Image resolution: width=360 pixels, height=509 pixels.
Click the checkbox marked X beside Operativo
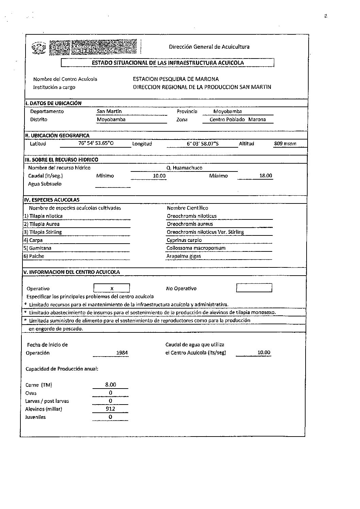click(x=112, y=288)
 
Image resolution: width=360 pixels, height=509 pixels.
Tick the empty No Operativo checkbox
click(x=254, y=288)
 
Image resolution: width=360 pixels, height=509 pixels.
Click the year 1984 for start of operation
click(x=122, y=353)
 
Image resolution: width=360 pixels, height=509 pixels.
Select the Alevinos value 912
click(x=110, y=409)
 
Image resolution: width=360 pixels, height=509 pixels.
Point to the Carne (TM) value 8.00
click(x=110, y=385)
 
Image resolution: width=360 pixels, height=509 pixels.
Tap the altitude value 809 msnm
click(x=285, y=144)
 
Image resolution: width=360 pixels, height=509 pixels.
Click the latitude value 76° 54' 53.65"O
click(x=96, y=143)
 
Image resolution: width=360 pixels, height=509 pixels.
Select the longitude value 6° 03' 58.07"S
click(x=202, y=144)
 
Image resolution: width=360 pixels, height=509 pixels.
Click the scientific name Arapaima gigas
click(x=184, y=256)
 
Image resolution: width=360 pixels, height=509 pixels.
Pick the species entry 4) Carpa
click(x=33, y=240)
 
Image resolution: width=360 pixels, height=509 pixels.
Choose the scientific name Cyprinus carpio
click(x=184, y=240)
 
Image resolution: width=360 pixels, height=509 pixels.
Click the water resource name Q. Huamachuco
click(x=184, y=168)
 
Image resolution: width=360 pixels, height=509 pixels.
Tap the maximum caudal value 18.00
click(x=265, y=176)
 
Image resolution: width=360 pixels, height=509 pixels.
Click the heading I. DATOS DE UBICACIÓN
click(x=53, y=103)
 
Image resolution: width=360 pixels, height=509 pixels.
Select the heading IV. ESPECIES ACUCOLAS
click(x=51, y=200)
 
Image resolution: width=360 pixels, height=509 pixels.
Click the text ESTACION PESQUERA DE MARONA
click(x=176, y=79)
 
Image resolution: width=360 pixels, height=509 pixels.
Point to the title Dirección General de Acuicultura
click(x=209, y=47)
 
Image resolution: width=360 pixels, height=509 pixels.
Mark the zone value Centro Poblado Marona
click(x=238, y=119)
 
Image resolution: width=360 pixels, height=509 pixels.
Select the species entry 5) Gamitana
click(x=37, y=248)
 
